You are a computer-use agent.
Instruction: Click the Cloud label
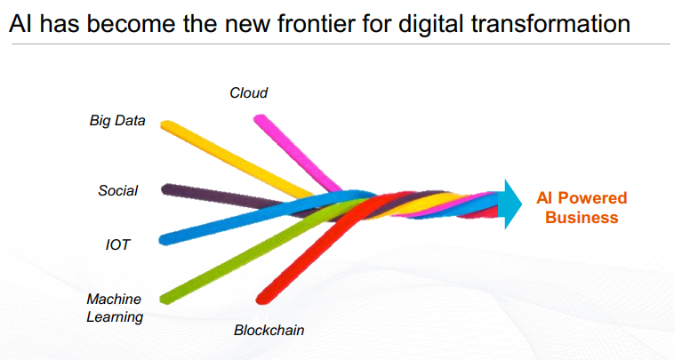pyautogui.click(x=248, y=92)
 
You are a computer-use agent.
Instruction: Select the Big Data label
pyautogui.click(x=117, y=121)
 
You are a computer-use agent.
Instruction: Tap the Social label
pyautogui.click(x=117, y=190)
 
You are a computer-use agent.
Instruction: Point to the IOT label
pyautogui.click(x=117, y=244)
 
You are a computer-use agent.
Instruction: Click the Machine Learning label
pyautogui.click(x=115, y=308)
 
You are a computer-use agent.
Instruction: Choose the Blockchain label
pyautogui.click(x=269, y=330)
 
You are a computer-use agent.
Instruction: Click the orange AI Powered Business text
pyautogui.click(x=582, y=207)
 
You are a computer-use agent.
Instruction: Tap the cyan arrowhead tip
pyautogui.click(x=522, y=204)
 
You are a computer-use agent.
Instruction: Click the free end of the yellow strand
pyautogui.click(x=165, y=125)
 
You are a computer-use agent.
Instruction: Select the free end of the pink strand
pyautogui.click(x=260, y=119)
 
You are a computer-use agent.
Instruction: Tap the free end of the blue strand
pyautogui.click(x=164, y=240)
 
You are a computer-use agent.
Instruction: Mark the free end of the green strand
pyautogui.click(x=165, y=299)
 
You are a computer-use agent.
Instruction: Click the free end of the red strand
pyautogui.click(x=261, y=299)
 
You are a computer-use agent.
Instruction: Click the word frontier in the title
pyautogui.click(x=316, y=23)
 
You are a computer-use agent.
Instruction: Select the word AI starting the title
pyautogui.click(x=20, y=24)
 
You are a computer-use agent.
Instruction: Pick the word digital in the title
pyautogui.click(x=430, y=24)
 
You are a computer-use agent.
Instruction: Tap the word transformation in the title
pyautogui.click(x=550, y=23)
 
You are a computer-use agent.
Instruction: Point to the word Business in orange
pyautogui.click(x=582, y=218)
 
